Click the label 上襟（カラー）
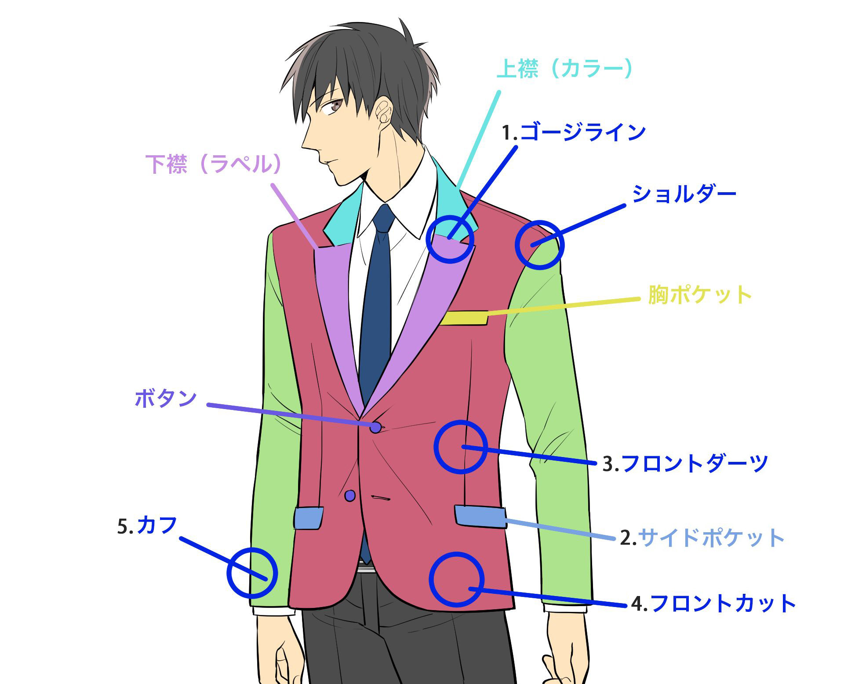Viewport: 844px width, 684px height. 564,69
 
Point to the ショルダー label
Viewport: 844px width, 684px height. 684,194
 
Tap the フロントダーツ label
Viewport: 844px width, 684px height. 695,463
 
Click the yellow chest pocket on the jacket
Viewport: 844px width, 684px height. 463,318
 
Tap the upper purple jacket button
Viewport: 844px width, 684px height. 375,427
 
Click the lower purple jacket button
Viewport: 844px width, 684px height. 350,496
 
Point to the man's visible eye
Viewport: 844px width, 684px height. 336,105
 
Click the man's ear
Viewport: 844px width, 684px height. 384,111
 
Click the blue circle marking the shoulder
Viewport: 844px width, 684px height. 539,245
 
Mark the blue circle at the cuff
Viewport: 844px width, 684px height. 252,573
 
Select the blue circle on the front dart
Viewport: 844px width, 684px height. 461,447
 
